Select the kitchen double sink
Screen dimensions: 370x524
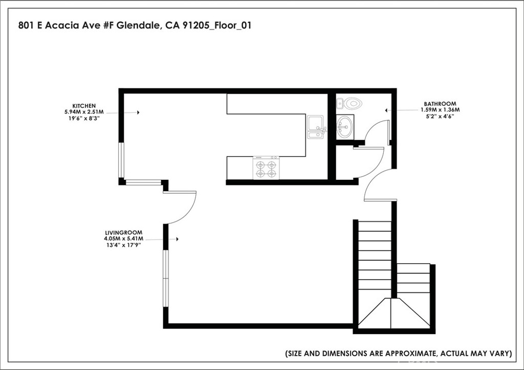316,127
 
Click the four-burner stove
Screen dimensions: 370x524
266,168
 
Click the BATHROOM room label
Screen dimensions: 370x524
440,103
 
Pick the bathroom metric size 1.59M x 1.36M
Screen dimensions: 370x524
440,110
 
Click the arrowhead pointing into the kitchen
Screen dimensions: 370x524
138,112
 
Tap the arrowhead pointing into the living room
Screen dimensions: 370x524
177,239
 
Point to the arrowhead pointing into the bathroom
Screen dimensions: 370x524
387,110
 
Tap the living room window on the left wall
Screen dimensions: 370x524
166,279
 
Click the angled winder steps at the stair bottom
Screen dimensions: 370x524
393,313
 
